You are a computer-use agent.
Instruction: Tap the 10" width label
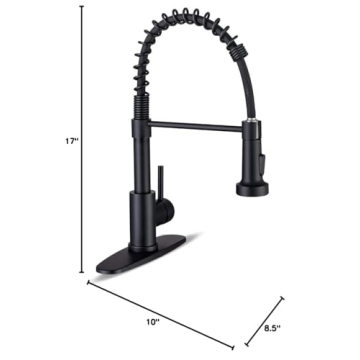click(x=153, y=322)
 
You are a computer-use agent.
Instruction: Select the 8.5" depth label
click(x=273, y=325)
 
